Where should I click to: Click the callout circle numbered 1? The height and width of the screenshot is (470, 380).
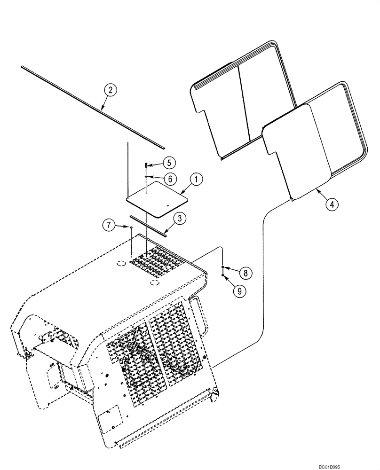[x=196, y=179]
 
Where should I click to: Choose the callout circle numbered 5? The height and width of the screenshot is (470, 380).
[x=169, y=163]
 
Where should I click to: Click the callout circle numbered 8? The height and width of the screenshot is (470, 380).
[x=245, y=272]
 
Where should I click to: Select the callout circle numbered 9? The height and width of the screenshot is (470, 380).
[x=239, y=291]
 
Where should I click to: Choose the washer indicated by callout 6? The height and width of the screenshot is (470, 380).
[x=147, y=176]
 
